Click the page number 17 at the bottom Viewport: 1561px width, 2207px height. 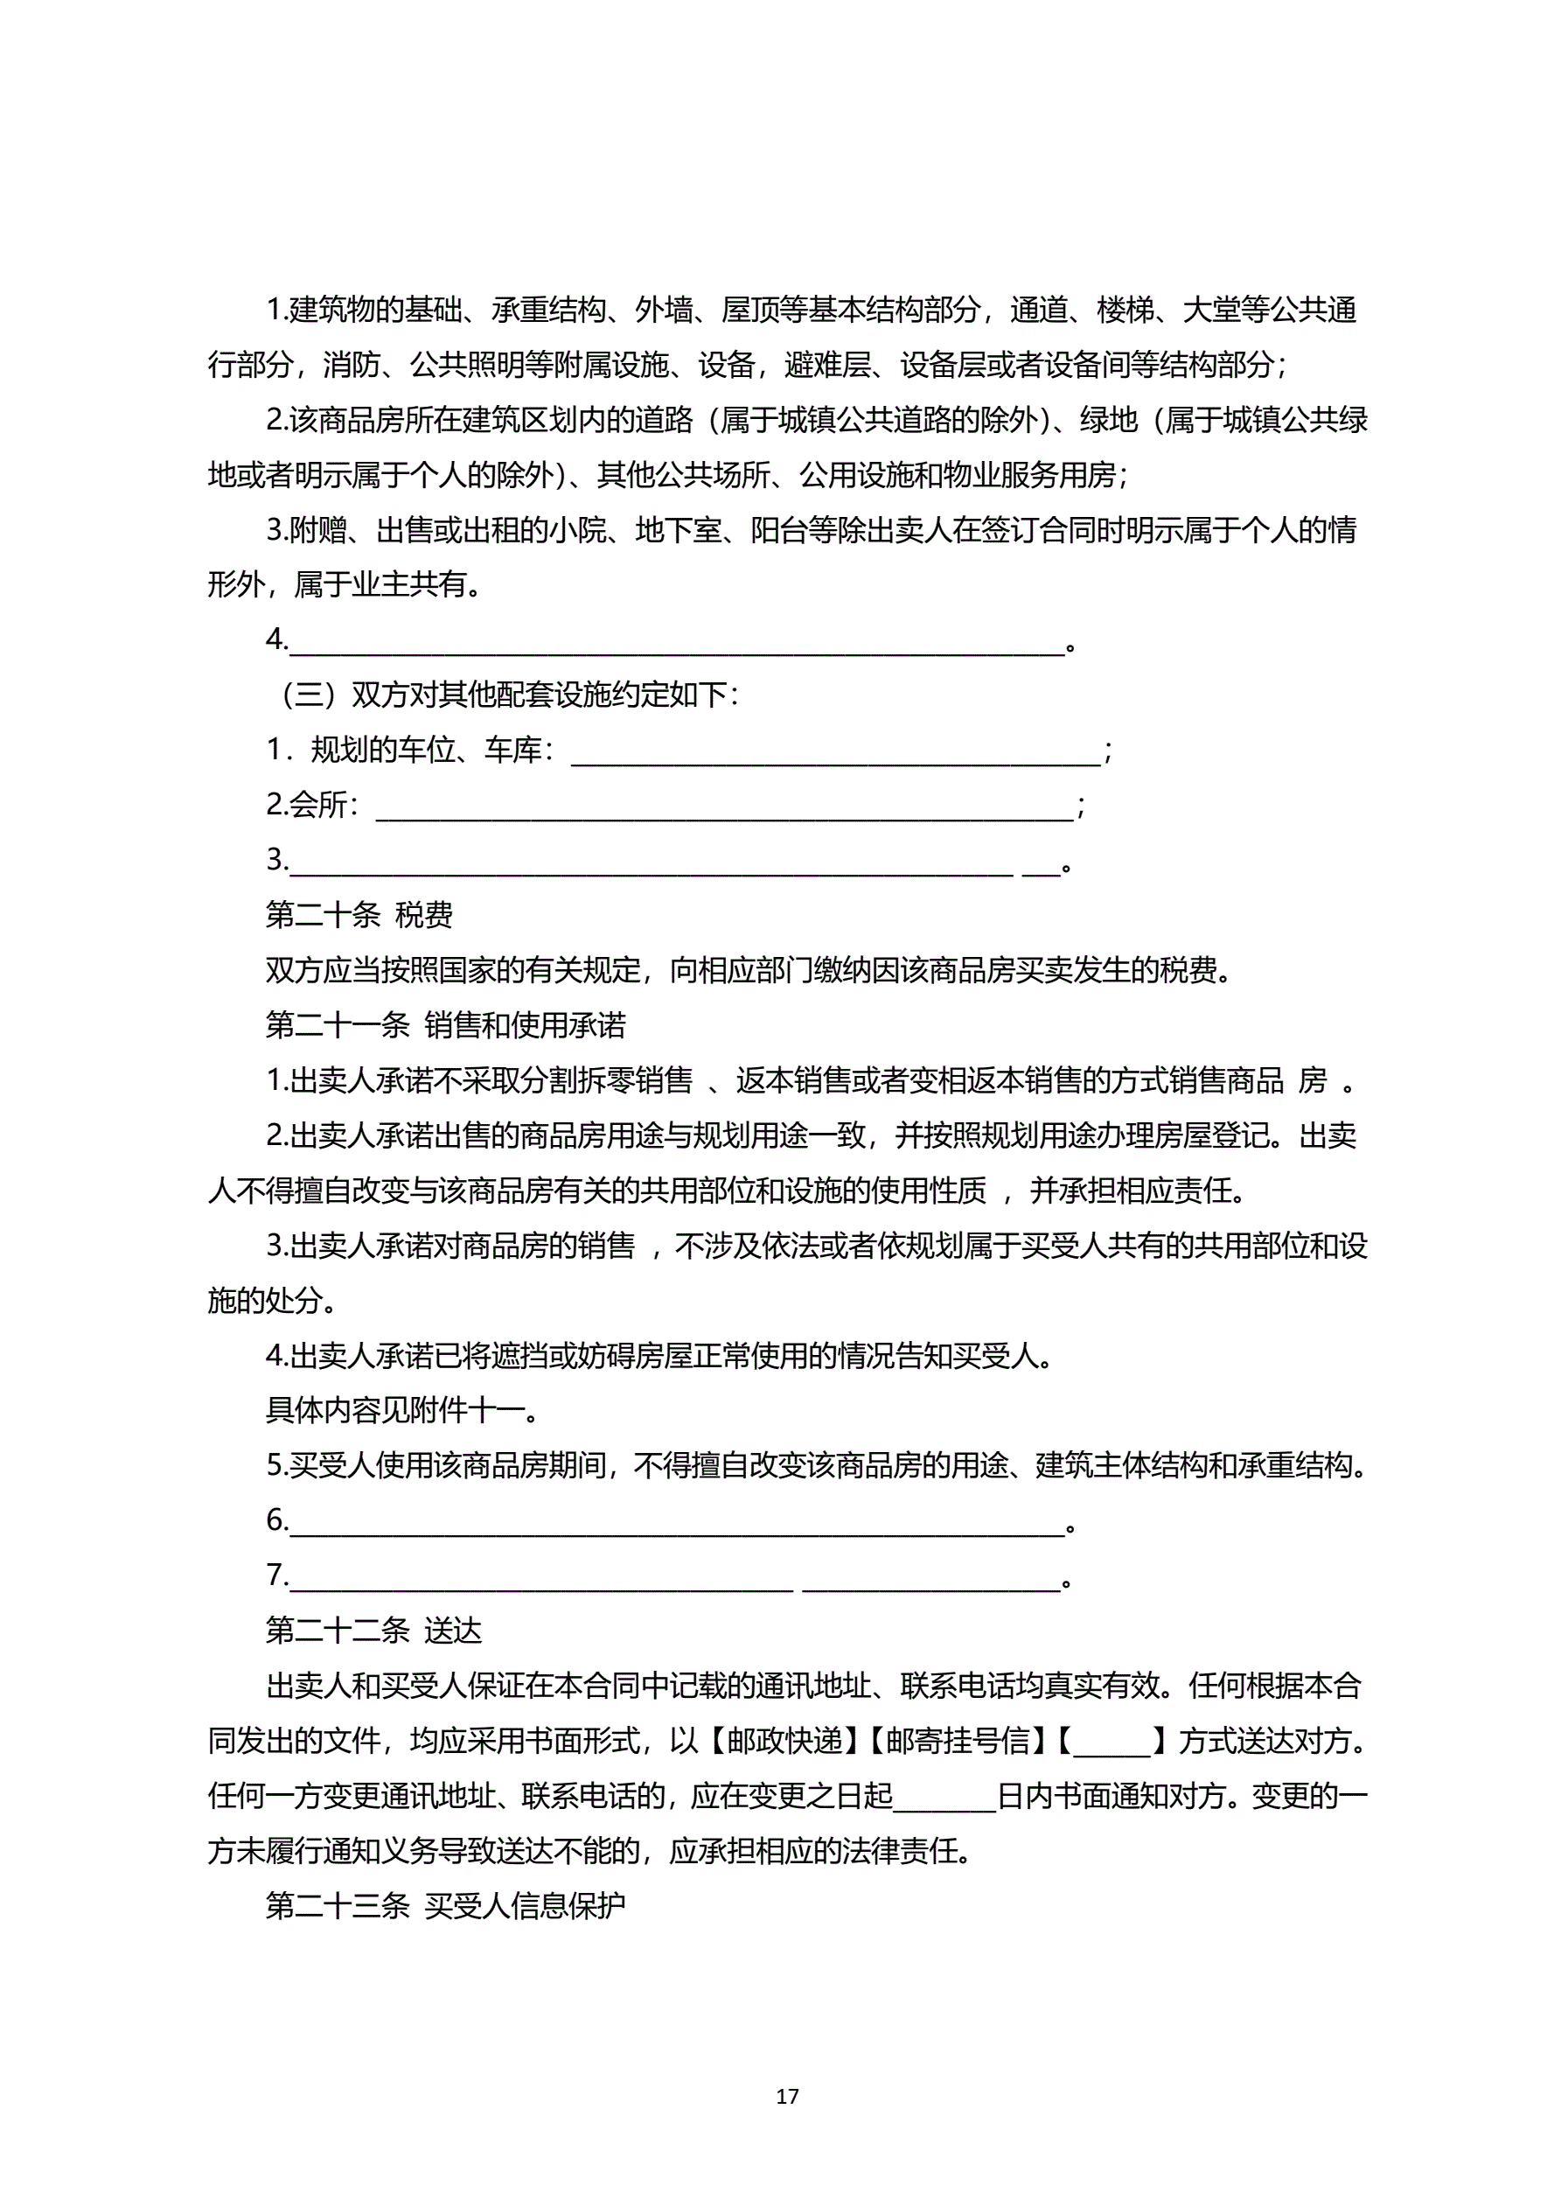coord(786,2097)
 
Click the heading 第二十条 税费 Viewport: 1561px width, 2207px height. coord(359,914)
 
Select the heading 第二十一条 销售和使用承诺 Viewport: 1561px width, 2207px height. coord(445,1024)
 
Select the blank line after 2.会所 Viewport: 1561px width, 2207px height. coord(724,807)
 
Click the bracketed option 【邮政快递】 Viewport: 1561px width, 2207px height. coord(784,1741)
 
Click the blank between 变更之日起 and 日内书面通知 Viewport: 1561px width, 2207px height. coord(944,1796)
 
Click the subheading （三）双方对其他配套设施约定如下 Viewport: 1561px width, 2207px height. coord(506,694)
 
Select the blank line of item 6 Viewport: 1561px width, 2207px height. coord(676,1522)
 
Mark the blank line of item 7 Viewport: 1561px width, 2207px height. coord(676,1576)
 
